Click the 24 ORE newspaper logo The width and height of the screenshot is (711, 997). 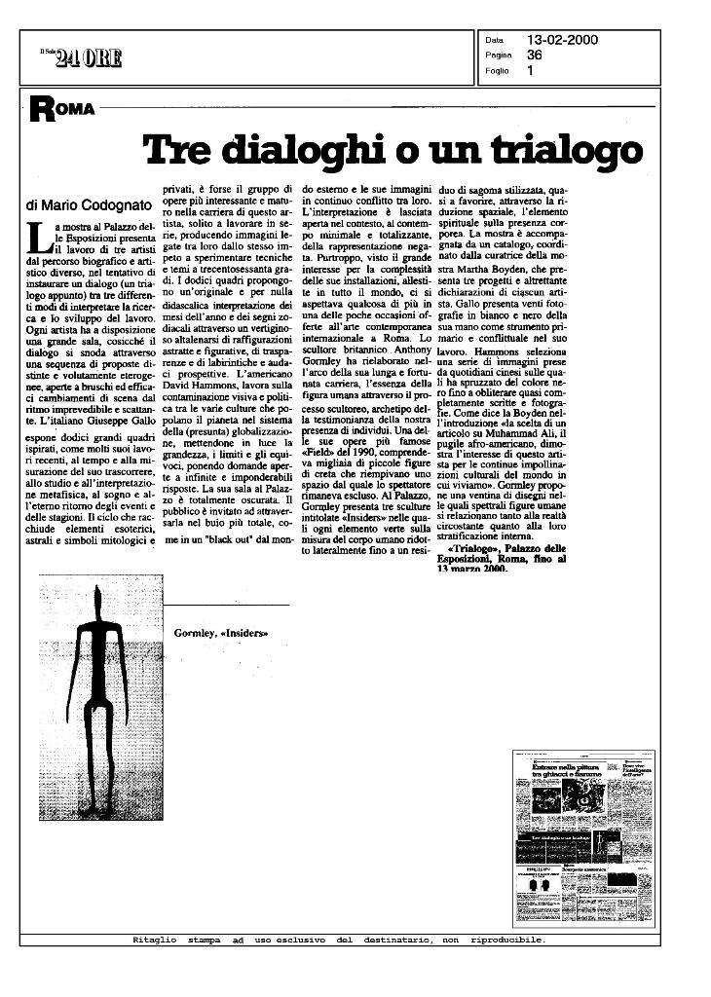(x=88, y=57)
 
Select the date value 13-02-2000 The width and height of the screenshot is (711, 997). (x=562, y=40)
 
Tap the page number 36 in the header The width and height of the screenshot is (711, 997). (x=535, y=55)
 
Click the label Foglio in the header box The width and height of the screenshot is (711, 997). (x=497, y=70)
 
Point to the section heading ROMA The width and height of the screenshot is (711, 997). (x=60, y=109)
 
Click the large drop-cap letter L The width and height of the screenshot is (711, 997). (x=38, y=236)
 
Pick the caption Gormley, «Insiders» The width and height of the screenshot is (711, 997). (x=220, y=634)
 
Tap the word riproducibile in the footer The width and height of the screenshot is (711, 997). (x=506, y=941)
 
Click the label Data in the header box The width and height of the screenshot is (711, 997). (x=494, y=41)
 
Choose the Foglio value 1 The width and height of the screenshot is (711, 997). (x=531, y=70)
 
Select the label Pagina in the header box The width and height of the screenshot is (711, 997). (x=498, y=55)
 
